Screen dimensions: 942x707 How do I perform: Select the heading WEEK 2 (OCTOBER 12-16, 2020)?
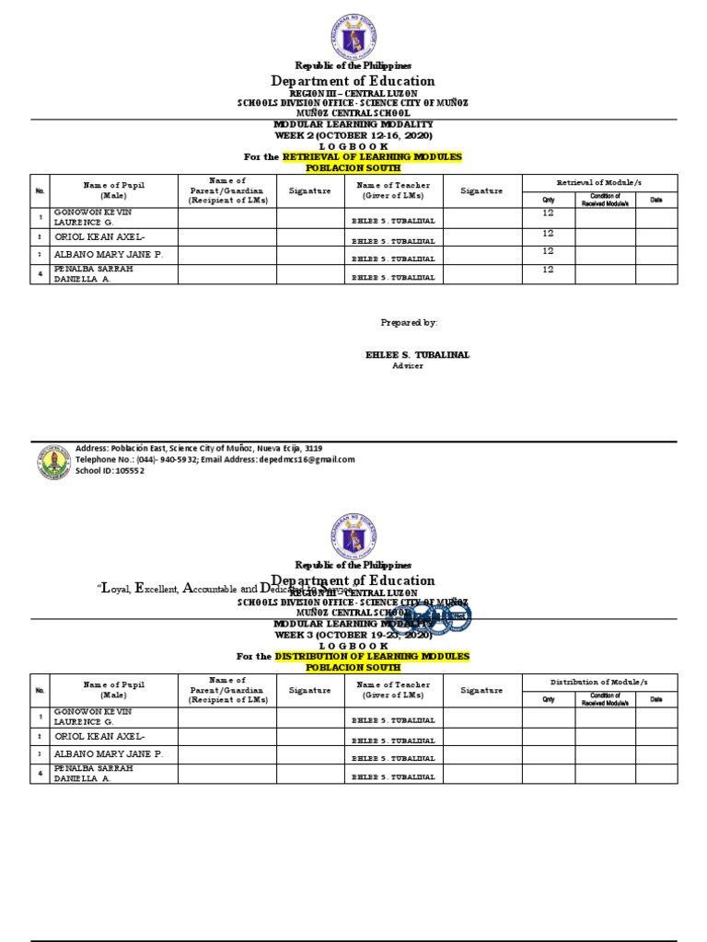(x=353, y=135)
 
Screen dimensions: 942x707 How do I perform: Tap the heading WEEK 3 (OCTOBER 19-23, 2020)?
(x=353, y=635)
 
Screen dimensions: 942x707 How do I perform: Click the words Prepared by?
(x=409, y=323)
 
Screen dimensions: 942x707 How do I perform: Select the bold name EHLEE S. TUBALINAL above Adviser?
(x=411, y=354)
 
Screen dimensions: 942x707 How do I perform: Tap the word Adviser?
(x=408, y=365)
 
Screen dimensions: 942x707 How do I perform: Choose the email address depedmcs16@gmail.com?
(x=308, y=459)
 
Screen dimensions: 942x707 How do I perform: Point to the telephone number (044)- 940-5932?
(x=164, y=459)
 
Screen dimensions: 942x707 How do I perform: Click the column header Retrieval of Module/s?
(x=600, y=184)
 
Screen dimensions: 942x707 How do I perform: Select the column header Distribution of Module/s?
(x=600, y=682)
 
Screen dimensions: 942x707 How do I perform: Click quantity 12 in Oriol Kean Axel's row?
(x=549, y=234)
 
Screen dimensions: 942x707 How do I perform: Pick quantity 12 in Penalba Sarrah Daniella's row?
(x=549, y=270)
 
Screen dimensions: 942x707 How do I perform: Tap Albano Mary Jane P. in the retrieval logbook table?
(x=109, y=254)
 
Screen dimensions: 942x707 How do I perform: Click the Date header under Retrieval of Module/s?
(x=655, y=199)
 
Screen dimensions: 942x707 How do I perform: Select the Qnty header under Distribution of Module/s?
(x=549, y=699)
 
